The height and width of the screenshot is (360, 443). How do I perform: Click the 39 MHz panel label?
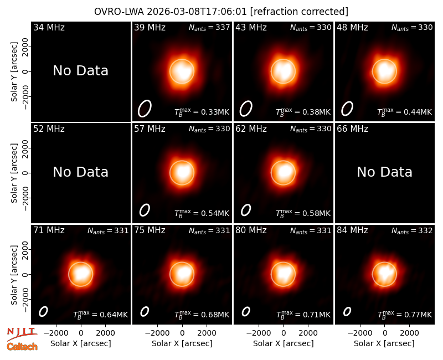click(x=150, y=27)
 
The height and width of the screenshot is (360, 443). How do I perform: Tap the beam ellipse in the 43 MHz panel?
click(x=246, y=109)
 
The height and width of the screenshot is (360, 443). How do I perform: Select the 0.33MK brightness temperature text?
click(x=202, y=112)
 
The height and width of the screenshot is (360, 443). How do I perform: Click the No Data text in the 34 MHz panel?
click(x=80, y=71)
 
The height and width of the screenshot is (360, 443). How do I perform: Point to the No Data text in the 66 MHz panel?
click(x=384, y=172)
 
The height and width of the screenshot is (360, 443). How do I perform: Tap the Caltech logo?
click(x=22, y=347)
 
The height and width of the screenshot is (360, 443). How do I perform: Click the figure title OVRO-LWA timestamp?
click(x=221, y=12)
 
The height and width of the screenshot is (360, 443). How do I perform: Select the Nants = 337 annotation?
click(x=209, y=28)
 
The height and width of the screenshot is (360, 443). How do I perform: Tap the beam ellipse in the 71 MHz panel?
click(x=43, y=312)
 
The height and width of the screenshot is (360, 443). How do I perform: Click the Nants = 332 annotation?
click(x=412, y=231)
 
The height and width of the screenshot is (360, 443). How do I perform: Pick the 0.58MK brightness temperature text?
click(x=303, y=213)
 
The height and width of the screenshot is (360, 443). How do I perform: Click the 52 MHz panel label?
click(x=49, y=129)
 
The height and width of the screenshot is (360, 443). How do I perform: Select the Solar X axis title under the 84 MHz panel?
click(x=384, y=343)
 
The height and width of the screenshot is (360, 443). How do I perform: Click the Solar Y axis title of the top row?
click(x=14, y=72)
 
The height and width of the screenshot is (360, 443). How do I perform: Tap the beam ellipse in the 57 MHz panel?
click(x=145, y=210)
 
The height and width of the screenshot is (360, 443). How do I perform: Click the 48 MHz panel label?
click(x=352, y=27)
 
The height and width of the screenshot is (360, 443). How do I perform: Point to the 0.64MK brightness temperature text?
click(x=101, y=315)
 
